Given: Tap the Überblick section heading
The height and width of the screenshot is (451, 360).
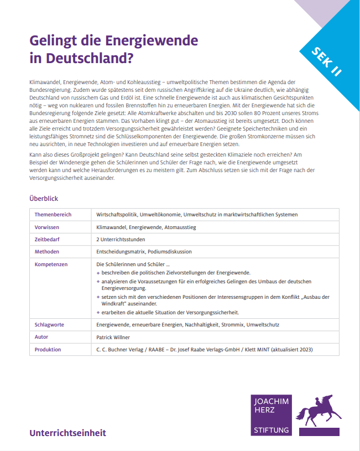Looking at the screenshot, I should [44, 198].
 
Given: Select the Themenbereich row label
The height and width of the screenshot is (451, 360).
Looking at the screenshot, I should [53, 215].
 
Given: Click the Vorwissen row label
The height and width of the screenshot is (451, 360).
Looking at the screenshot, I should [47, 227].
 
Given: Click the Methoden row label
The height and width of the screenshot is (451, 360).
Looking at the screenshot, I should [46, 251].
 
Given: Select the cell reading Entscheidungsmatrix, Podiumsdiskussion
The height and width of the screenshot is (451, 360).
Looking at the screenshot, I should [144, 251].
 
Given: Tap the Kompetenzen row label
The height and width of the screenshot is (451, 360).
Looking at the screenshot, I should [51, 264].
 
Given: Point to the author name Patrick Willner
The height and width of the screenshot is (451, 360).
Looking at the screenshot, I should [114, 337].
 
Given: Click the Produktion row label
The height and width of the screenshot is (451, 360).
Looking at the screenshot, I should [48, 349].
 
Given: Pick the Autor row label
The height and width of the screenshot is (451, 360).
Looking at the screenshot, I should [41, 337].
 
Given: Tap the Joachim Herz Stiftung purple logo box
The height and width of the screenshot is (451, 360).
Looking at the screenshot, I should [271, 416].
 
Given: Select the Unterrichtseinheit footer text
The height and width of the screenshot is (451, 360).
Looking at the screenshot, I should [67, 433].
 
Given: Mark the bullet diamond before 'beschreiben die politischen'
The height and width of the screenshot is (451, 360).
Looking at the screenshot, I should [98, 273].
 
